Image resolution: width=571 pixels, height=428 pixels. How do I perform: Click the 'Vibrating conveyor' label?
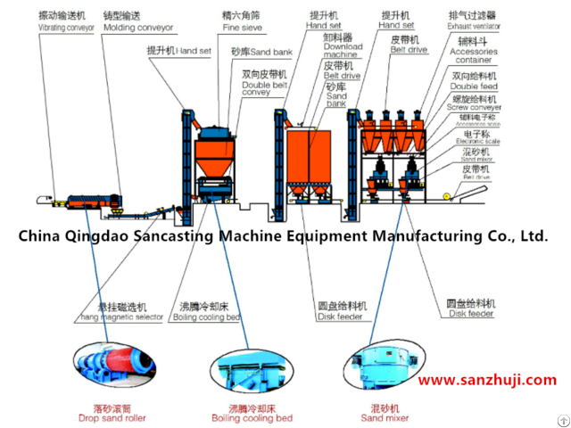[x=66, y=28]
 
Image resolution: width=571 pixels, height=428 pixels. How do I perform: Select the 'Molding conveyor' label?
[x=137, y=28]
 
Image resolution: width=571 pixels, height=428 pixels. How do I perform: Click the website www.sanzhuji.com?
[x=486, y=380]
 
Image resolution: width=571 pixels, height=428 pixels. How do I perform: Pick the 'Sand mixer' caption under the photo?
[x=385, y=417]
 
